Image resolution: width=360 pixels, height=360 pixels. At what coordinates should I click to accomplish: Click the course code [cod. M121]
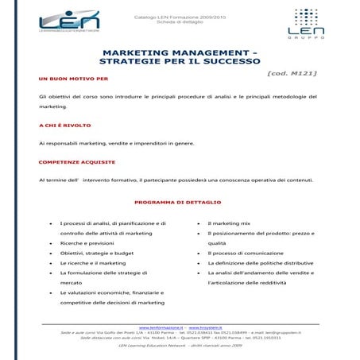(291, 73)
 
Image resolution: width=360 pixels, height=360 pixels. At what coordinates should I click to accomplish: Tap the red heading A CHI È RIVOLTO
(64, 126)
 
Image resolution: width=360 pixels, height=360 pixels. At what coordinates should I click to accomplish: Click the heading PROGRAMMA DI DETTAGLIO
(178, 202)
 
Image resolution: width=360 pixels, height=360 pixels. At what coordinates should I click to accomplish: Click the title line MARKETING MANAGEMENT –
(179, 49)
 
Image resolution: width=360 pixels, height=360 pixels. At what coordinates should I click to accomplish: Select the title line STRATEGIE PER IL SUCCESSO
(180, 60)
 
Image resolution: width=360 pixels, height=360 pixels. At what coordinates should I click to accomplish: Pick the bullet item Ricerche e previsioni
(87, 243)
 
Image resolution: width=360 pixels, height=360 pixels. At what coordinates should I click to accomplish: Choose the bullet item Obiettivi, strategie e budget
(97, 253)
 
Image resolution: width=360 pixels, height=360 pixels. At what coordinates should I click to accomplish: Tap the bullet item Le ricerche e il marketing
(93, 262)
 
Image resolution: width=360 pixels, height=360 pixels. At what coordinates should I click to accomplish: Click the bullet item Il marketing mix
(228, 223)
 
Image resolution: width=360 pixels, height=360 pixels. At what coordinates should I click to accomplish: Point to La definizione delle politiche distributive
(260, 262)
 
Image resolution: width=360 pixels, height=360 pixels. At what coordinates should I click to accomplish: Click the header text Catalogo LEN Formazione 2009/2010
(180, 14)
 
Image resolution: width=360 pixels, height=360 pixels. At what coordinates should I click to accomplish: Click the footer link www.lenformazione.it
(161, 327)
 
